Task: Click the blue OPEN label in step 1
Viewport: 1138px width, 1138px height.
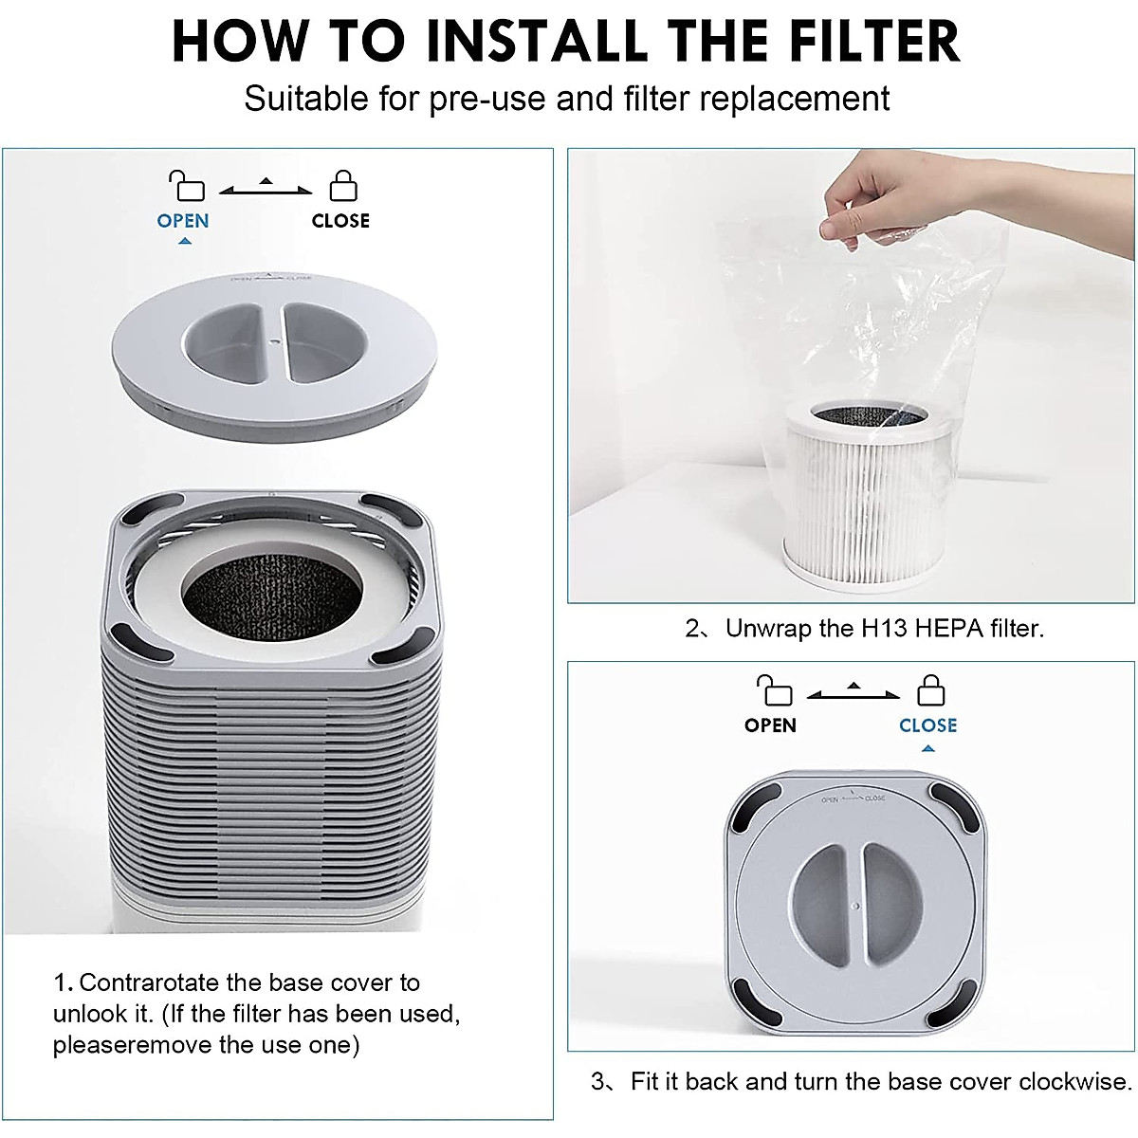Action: pyautogui.click(x=183, y=220)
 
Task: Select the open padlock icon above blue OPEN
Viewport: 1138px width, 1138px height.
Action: pyautogui.click(x=186, y=185)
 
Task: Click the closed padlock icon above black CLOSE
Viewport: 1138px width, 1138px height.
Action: pyautogui.click(x=342, y=185)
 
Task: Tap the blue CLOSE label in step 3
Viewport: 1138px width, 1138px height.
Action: pyautogui.click(x=927, y=725)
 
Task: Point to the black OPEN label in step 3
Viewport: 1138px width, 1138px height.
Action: pyautogui.click(x=770, y=725)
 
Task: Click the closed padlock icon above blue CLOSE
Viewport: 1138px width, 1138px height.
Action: pyautogui.click(x=930, y=689)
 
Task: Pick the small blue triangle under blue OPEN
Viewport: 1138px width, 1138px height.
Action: pyautogui.click(x=185, y=242)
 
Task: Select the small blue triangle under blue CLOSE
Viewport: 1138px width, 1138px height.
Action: pyautogui.click(x=928, y=748)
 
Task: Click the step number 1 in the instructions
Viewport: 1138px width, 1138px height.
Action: pyautogui.click(x=60, y=982)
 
